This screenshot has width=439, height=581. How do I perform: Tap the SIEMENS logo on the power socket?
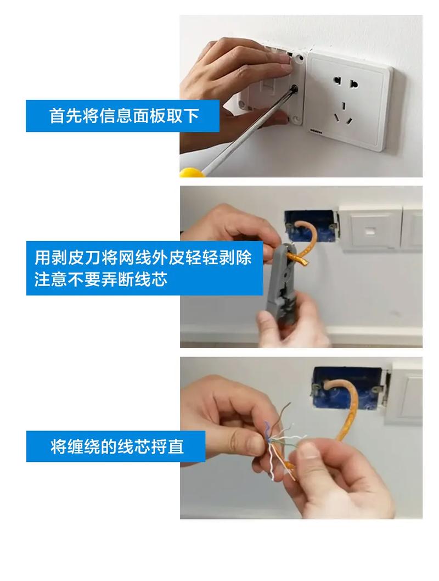(317, 131)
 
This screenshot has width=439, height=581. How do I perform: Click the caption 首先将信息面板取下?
(124, 116)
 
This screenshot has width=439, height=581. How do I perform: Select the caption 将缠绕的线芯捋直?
(117, 446)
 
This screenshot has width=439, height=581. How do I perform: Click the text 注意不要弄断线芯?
(100, 279)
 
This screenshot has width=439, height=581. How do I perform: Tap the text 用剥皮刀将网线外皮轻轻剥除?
(143, 257)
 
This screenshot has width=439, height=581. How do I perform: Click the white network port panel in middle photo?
(370, 228)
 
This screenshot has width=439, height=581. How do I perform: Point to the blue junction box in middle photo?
(311, 226)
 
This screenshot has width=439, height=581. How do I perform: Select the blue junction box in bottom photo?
(348, 387)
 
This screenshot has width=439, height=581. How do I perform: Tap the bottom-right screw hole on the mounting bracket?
(296, 119)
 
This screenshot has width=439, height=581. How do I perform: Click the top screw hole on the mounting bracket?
(299, 58)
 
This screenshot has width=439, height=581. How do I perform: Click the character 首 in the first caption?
(57, 116)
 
